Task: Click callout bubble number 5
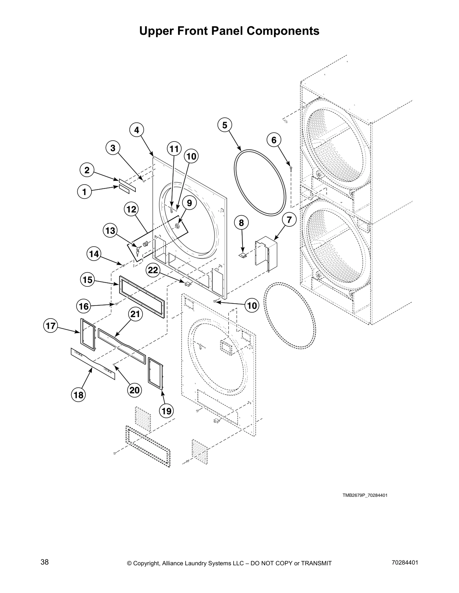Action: [x=225, y=125]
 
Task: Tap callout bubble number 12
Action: [x=131, y=209]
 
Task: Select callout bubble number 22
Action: [x=153, y=271]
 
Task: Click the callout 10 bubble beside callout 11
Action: [x=191, y=156]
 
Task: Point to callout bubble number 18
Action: [x=78, y=395]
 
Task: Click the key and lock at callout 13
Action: [x=141, y=247]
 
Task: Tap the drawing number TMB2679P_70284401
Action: [x=364, y=495]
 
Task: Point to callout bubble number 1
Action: [x=84, y=192]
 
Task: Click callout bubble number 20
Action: [x=134, y=390]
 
